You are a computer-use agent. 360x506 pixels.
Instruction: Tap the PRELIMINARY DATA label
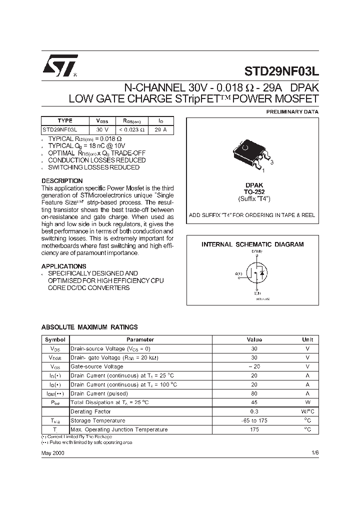click(x=292, y=112)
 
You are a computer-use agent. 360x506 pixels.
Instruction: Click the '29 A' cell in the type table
click(x=160, y=129)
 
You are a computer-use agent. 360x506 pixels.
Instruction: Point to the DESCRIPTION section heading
click(x=62, y=180)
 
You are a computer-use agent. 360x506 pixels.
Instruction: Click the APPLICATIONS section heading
click(x=63, y=266)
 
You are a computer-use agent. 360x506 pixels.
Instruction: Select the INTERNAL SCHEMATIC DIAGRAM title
click(x=252, y=244)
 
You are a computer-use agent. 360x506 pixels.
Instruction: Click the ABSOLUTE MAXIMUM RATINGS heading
click(x=89, y=327)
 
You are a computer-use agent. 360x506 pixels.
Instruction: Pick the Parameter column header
click(x=140, y=339)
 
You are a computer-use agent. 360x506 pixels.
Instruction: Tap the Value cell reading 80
click(x=254, y=393)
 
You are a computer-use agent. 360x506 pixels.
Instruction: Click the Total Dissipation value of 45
click(x=254, y=402)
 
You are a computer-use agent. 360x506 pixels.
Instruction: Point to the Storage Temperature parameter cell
click(x=98, y=420)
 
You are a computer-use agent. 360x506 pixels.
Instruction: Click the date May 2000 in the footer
click(x=52, y=452)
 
